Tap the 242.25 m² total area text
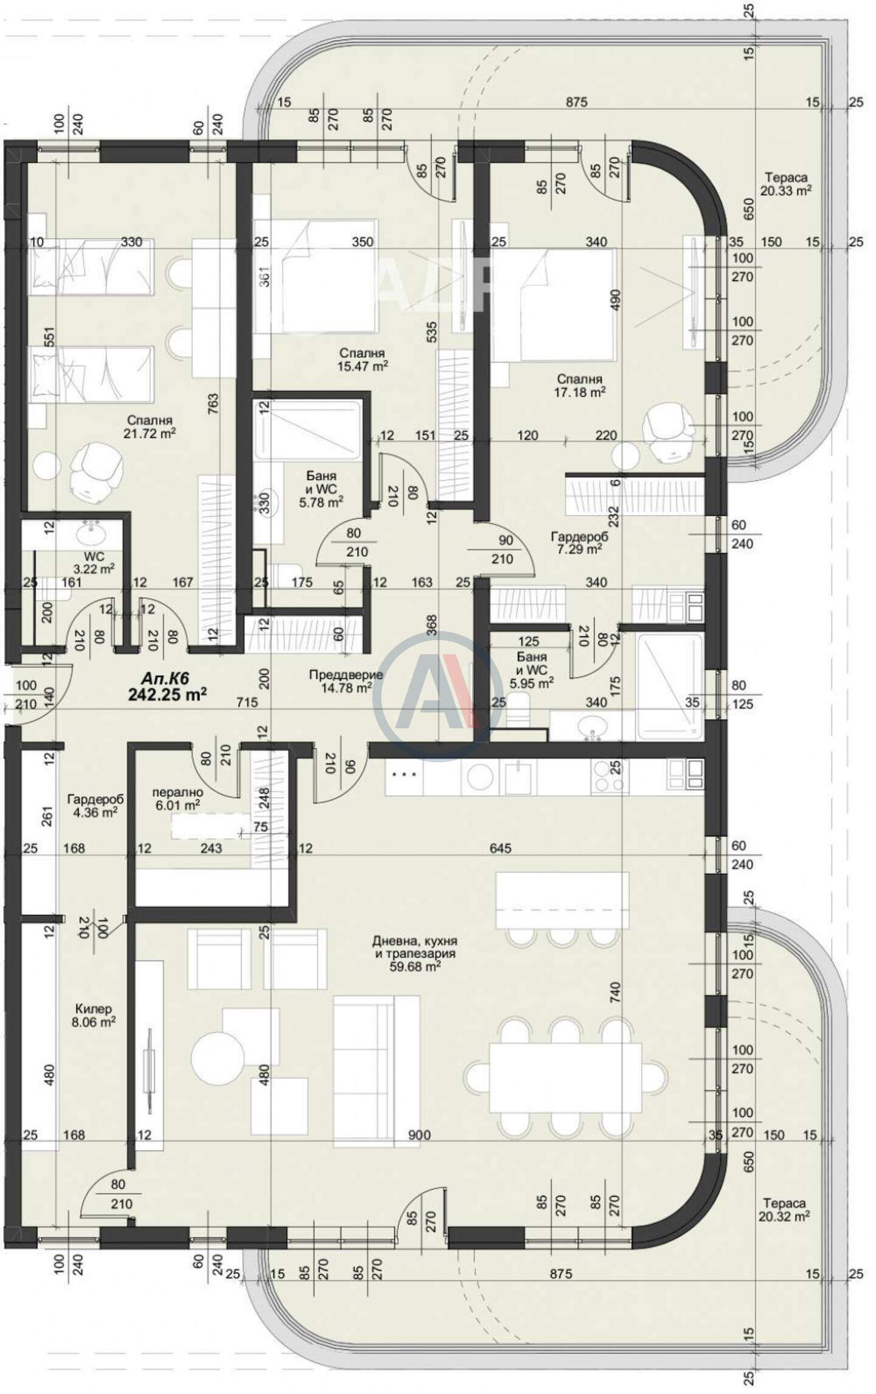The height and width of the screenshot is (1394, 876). [x=167, y=694]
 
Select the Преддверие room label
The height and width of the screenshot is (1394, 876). [x=346, y=675]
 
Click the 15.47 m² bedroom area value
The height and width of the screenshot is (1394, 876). [x=363, y=366]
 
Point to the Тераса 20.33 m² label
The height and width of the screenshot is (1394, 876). [x=786, y=184]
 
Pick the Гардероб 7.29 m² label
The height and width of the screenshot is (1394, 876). [x=579, y=543]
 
